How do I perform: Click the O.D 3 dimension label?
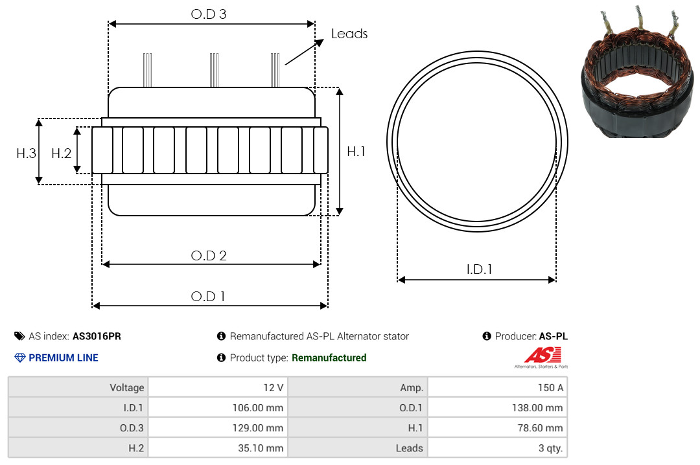tap(209, 14)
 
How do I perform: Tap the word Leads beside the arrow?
tap(349, 34)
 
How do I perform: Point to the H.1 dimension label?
tap(356, 152)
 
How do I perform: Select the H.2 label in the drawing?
tap(61, 153)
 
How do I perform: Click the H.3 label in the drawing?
tap(26, 153)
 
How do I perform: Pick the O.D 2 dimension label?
tap(209, 256)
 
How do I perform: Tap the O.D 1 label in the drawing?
tap(208, 297)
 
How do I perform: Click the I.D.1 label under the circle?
tap(479, 269)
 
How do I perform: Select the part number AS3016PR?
tap(97, 336)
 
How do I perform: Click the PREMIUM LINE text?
tap(64, 357)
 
